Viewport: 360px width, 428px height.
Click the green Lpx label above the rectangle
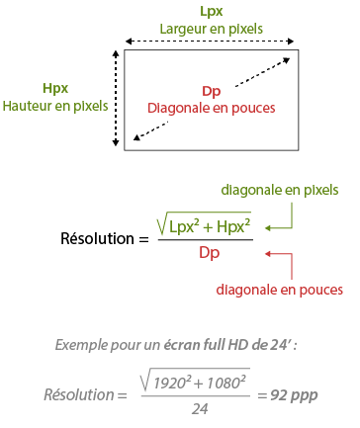[211, 12]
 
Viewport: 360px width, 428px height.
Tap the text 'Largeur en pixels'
[211, 29]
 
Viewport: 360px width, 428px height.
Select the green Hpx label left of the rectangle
[55, 88]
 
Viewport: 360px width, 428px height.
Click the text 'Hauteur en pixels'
[55, 105]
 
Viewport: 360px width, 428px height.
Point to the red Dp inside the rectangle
[211, 91]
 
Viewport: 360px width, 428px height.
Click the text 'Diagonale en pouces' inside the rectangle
[211, 107]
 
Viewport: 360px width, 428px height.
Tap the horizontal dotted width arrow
[210, 43]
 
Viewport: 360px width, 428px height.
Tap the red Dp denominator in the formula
[209, 253]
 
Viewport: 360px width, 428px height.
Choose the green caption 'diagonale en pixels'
[280, 189]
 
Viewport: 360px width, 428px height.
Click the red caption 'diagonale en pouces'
[280, 290]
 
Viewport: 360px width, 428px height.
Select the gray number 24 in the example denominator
[200, 407]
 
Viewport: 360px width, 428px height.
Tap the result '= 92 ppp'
[289, 394]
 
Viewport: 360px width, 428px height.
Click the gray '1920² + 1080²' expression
[205, 381]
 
